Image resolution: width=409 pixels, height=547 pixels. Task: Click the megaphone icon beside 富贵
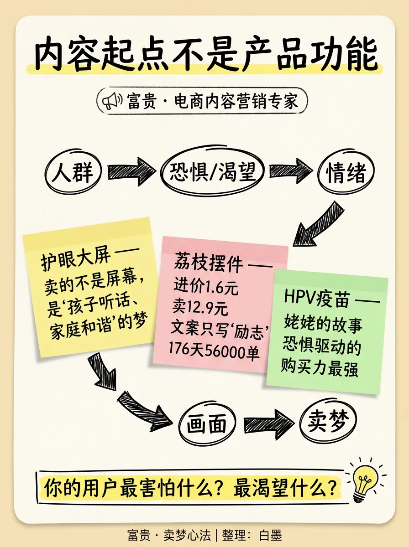(111, 101)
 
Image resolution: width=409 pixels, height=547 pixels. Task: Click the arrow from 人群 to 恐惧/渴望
(131, 172)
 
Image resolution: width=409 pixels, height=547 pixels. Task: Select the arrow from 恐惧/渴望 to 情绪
(290, 171)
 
